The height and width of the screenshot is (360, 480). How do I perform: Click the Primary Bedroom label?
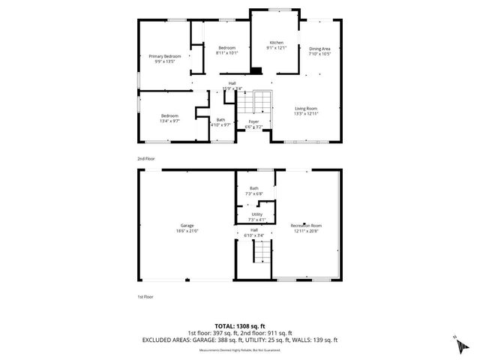[164, 56]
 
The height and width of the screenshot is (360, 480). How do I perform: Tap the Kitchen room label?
[277, 43]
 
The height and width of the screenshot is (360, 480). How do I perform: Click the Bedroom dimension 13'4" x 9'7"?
[169, 121]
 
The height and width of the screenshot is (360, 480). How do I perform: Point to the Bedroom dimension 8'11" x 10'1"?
[226, 53]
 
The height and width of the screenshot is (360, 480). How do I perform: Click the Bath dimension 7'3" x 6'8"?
[254, 194]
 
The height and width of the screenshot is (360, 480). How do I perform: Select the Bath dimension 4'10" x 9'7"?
[220, 125]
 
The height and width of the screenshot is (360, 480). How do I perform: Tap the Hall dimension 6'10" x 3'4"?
[254, 235]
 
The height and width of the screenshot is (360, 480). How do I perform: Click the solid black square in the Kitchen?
[256, 71]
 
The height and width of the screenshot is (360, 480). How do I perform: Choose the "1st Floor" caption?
[145, 296]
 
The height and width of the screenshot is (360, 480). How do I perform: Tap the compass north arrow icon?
[457, 344]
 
